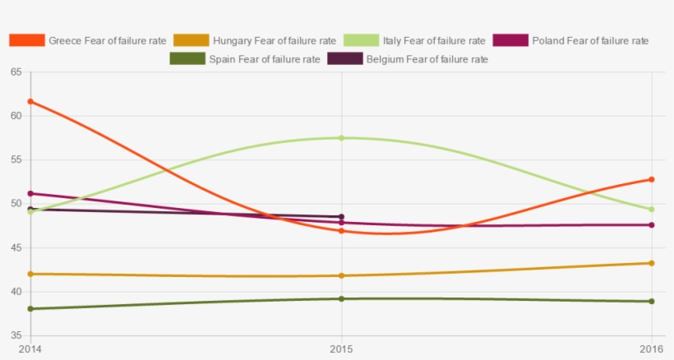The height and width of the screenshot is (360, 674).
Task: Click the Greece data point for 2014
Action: coord(30,101)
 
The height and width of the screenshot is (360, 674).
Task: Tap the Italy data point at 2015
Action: coord(341,138)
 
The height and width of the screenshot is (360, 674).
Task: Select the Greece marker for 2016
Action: coord(652,179)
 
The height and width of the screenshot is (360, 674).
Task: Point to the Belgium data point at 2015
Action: coord(341,217)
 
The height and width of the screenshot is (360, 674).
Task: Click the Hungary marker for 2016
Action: coord(652,263)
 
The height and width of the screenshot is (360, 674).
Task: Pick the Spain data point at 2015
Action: coord(341,298)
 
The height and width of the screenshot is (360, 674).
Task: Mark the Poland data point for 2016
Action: coord(652,225)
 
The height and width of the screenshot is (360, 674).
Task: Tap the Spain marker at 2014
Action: coord(30,309)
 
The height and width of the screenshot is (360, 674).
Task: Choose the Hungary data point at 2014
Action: coord(30,274)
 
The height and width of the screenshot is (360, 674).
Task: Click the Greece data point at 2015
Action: coord(341,231)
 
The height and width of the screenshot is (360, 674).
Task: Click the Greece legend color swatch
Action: coord(25,40)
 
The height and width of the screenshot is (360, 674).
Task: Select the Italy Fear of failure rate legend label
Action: coord(434,40)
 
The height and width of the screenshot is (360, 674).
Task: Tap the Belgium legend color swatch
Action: coord(344,59)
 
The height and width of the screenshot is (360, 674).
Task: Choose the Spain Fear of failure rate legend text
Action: coord(264,59)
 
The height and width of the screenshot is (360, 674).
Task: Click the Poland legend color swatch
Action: coord(509,40)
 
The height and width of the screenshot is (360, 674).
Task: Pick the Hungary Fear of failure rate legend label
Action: coord(274,40)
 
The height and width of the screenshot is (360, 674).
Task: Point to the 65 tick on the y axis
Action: coord(16,72)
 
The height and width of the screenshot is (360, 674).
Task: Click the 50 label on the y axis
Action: coord(16,204)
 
